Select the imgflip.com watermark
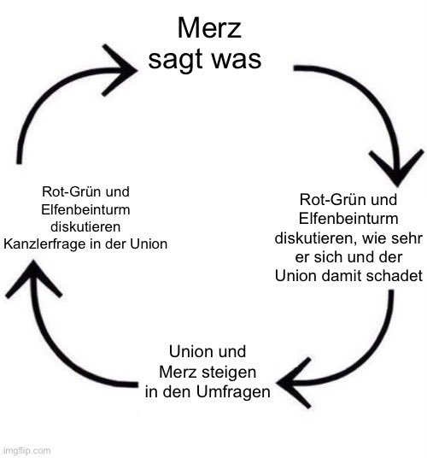tap(26, 449)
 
